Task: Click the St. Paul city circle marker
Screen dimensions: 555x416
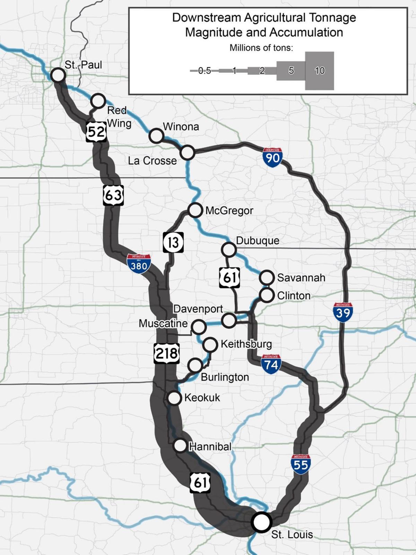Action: point(58,75)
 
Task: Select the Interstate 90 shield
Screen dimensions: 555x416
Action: point(272,157)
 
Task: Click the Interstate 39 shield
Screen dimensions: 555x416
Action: point(343,312)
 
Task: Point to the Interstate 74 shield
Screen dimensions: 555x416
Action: point(270,364)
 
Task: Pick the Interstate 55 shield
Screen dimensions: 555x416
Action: point(301,464)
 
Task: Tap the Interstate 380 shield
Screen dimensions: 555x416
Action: point(139,264)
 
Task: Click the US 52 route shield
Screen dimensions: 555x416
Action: point(96,131)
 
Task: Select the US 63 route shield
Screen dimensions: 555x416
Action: point(113,195)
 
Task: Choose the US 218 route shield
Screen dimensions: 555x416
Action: point(167,353)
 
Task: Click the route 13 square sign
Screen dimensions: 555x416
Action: point(173,242)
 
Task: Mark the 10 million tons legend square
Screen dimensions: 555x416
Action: point(319,71)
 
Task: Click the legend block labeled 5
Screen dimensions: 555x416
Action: point(291,71)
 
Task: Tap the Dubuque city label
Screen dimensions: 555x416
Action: point(257,241)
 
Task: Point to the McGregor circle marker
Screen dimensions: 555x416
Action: point(195,210)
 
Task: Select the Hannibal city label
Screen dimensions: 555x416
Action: point(210,446)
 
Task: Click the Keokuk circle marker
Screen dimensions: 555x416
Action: point(174,398)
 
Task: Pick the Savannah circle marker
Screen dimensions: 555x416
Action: point(267,277)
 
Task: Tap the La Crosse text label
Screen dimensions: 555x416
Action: point(152,161)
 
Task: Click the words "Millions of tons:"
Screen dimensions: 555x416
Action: point(261,48)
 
